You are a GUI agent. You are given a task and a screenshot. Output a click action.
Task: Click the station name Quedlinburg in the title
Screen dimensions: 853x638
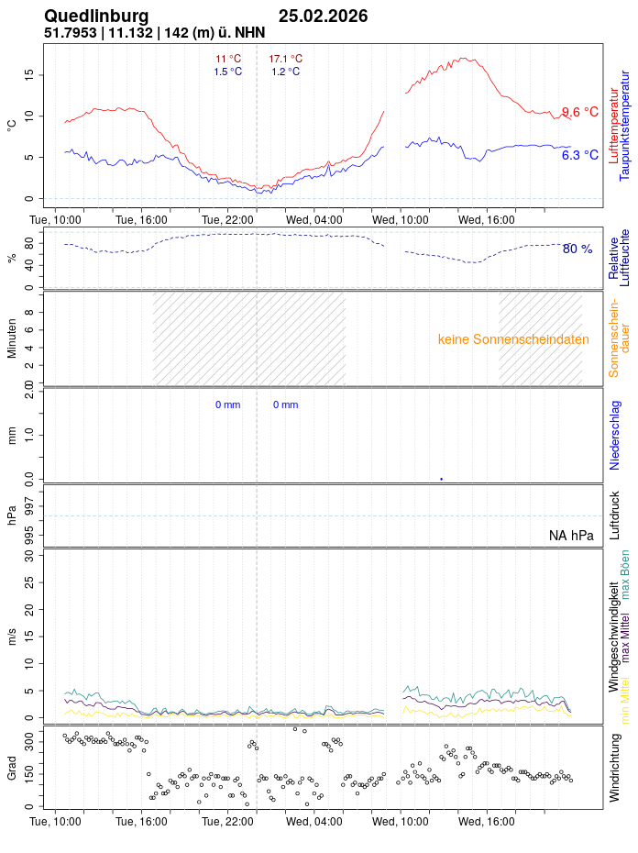96,16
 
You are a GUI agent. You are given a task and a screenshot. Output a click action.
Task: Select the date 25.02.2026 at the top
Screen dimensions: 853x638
323,16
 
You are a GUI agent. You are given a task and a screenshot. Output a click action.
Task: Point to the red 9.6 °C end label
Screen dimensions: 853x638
579,112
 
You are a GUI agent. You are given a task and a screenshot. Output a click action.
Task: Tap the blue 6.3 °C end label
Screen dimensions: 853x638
579,155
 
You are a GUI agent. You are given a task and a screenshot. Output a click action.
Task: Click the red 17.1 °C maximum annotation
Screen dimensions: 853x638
285,59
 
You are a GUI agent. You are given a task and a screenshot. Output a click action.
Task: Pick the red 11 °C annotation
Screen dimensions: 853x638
228,59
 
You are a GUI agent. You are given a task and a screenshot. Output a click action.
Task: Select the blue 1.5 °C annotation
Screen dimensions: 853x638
228,72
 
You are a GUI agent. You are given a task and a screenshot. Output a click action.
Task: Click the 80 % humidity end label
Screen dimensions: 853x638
577,249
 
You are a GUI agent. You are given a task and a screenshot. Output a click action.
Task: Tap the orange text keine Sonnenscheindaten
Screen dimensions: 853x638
513,339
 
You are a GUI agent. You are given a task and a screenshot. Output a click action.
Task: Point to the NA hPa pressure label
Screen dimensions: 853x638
571,536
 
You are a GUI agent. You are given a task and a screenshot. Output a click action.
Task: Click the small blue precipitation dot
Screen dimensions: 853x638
441,479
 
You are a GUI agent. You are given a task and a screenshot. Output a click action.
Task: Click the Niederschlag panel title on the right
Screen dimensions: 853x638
615,436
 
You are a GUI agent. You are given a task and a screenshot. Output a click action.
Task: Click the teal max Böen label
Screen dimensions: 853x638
625,575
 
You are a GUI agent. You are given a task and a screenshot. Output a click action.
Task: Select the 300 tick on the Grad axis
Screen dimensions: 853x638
29,737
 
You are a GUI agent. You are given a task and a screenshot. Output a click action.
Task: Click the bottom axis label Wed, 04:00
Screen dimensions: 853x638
314,822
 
